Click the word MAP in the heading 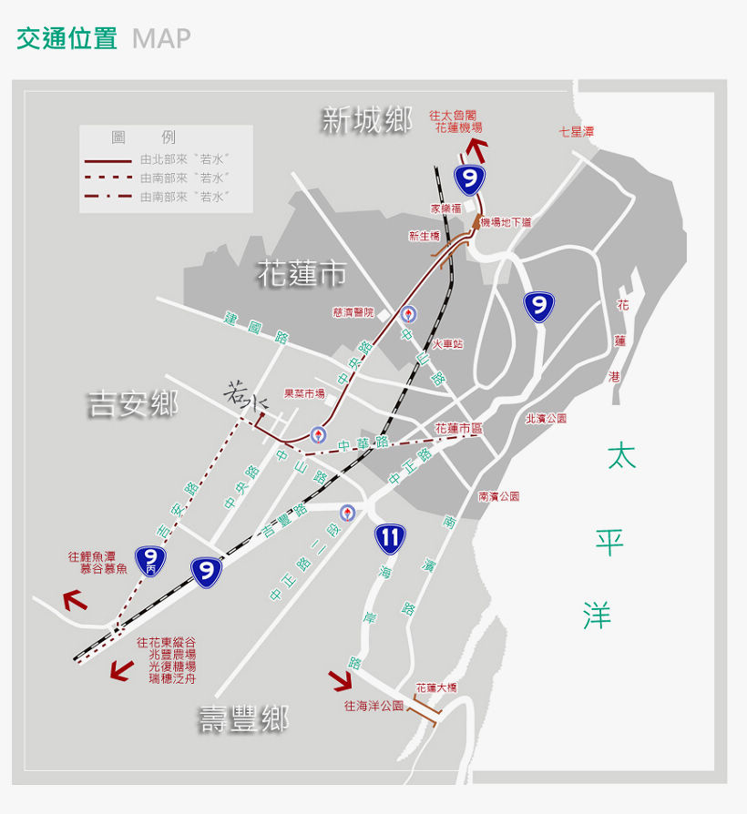click(x=161, y=38)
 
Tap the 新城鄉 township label click(x=366, y=119)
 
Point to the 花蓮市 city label click(x=302, y=273)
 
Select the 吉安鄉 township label click(x=133, y=403)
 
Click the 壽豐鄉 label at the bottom click(x=244, y=719)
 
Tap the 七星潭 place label click(x=576, y=132)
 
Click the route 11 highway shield click(x=390, y=538)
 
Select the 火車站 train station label click(x=447, y=344)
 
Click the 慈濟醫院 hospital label click(x=353, y=312)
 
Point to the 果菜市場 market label click(x=304, y=393)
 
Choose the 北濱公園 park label click(x=546, y=419)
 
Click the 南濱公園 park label click(x=498, y=496)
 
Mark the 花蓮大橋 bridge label click(x=435, y=688)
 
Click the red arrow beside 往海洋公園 click(x=341, y=680)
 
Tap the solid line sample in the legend click(x=107, y=159)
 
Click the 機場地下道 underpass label click(x=507, y=222)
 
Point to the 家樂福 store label click(x=446, y=209)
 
